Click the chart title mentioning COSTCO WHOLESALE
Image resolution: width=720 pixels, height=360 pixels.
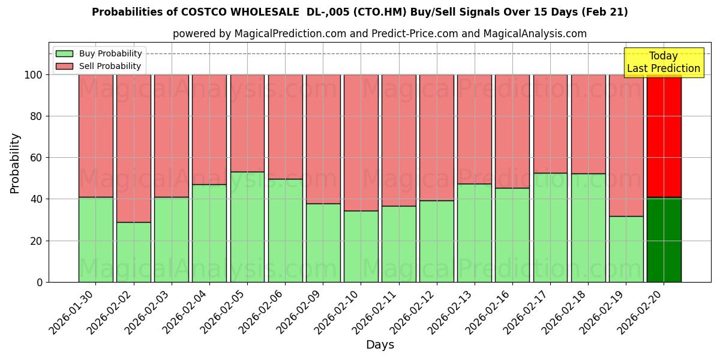pos(359,12)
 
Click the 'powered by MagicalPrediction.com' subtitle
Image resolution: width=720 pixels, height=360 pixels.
pos(379,34)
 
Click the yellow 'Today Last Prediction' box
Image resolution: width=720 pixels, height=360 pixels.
pos(663,62)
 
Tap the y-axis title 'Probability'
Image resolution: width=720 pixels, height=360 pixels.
pos(15,163)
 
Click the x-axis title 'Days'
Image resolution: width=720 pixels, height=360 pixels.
pos(380,345)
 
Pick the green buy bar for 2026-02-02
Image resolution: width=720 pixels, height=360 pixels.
pos(133,252)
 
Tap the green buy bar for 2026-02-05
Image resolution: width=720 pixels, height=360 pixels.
pos(247,227)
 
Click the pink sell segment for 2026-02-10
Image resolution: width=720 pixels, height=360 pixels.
pos(361,143)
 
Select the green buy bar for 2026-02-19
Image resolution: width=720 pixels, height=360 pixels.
pos(626,249)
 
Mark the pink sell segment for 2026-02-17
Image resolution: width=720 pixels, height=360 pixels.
pos(550,124)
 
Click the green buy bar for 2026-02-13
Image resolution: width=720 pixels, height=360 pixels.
pos(474,233)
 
